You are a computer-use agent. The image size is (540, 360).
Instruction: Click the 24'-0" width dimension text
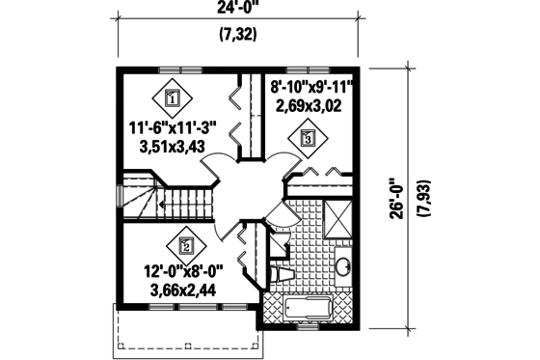click(242, 14)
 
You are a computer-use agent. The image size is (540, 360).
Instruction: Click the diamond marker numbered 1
click(173, 97)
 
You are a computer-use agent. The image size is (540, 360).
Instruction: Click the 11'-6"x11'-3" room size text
click(173, 125)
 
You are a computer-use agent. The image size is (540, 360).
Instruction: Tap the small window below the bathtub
click(307, 325)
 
